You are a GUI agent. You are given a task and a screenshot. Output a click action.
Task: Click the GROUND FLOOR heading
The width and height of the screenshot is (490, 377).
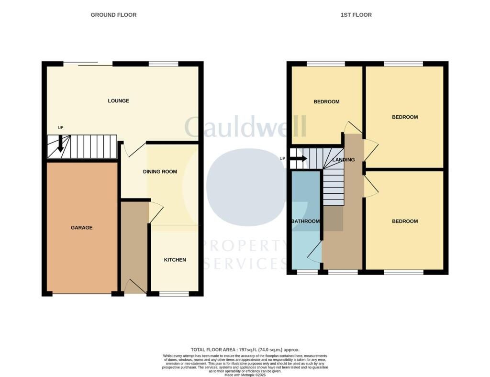coord(113,15)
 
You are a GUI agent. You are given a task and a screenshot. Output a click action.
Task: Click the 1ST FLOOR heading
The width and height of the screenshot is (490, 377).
coord(356,15)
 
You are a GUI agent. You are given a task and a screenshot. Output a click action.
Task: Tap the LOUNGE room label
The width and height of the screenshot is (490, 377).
coord(119,100)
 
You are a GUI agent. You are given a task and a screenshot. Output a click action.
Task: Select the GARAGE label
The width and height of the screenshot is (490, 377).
coord(81,228)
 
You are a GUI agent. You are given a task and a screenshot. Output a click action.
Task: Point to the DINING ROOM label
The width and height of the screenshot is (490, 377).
coord(160,171)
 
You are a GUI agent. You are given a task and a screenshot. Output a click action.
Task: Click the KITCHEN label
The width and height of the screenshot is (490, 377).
coord(175,260)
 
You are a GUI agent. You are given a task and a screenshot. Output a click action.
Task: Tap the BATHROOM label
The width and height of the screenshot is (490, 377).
coord(305,221)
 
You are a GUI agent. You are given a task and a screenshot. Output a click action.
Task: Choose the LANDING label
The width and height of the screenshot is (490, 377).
coord(344,160)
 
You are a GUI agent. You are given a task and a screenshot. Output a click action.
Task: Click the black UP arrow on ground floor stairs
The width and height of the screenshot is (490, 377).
coord(61,144)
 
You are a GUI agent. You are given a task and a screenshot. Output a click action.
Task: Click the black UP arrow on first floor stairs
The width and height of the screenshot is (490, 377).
coord(299,158)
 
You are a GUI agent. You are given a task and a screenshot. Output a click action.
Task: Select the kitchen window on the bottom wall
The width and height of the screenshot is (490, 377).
coord(174,294)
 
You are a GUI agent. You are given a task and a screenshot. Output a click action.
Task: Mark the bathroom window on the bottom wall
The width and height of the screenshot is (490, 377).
coord(307,272)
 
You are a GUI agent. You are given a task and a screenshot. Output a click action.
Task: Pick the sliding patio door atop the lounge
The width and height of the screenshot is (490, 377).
coord(88,64)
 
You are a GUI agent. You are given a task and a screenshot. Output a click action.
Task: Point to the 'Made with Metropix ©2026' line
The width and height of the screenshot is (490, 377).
coord(245,375)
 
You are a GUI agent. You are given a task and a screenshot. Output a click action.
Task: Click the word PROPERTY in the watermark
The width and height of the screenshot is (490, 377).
coord(245,246)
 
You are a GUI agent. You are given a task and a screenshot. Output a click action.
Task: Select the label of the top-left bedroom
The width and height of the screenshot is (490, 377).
coord(326,101)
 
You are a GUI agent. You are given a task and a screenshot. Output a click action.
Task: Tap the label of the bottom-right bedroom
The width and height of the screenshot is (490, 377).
coord(405,221)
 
